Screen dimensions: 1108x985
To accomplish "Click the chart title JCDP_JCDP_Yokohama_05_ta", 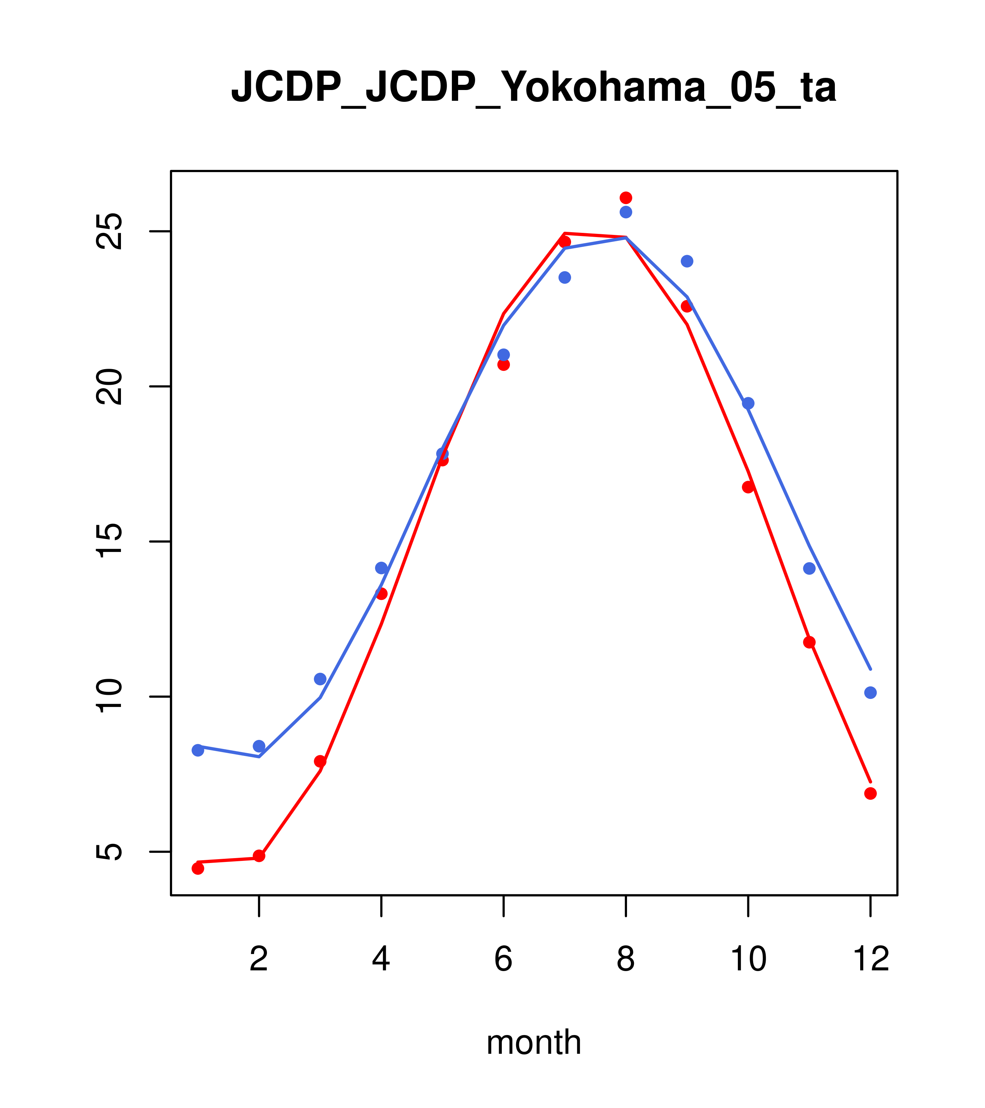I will pyautogui.click(x=534, y=87).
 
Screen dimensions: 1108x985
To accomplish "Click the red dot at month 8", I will pyautogui.click(x=626, y=198).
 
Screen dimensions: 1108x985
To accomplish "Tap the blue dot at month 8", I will pyautogui.click(x=626, y=212).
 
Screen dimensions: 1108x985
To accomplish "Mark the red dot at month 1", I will pyautogui.click(x=198, y=869).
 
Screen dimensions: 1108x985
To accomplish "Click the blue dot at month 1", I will pyautogui.click(x=198, y=750).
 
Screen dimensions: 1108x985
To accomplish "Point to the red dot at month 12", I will pyautogui.click(x=871, y=793).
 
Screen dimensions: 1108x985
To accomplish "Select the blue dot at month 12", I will pyautogui.click(x=871, y=693).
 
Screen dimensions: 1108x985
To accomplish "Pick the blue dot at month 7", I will pyautogui.click(x=565, y=278).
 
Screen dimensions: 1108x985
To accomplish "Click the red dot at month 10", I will pyautogui.click(x=748, y=487).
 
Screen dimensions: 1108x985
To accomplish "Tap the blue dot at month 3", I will pyautogui.click(x=320, y=679).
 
